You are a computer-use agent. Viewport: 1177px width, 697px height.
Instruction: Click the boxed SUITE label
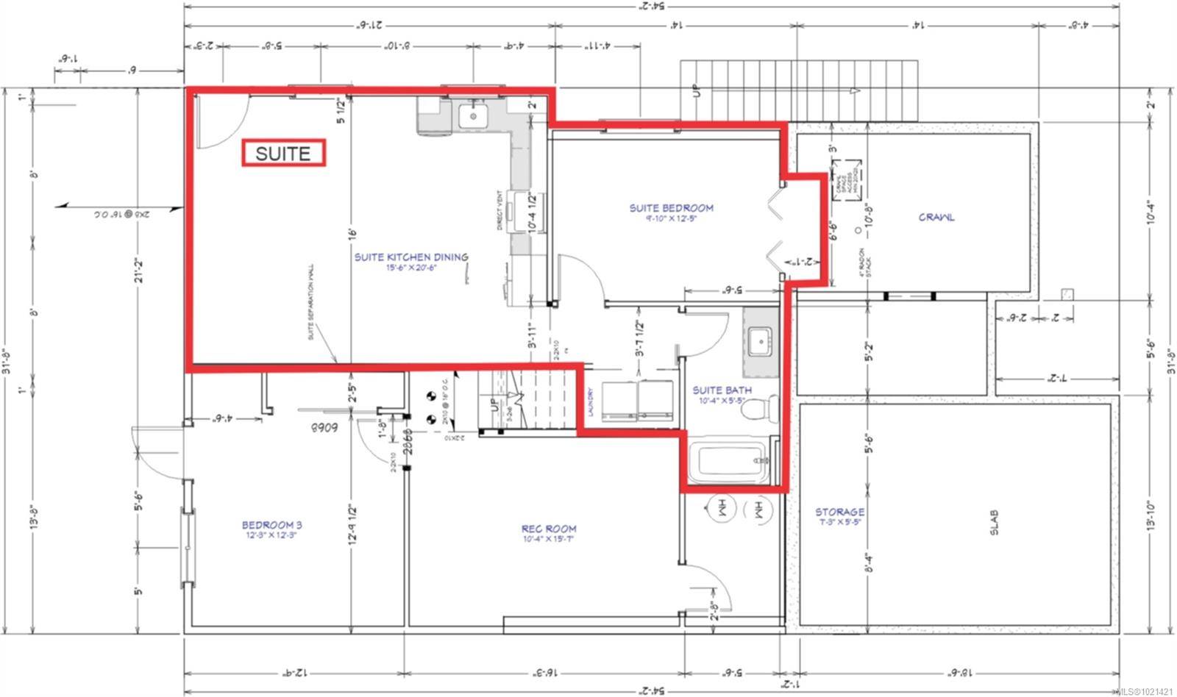[x=283, y=154]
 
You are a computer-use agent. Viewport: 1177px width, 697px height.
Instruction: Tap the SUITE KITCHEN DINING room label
[x=411, y=257]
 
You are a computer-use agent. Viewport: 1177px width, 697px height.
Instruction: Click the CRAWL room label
[x=936, y=217]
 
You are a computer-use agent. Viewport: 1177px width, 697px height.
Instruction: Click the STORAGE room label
[x=839, y=512]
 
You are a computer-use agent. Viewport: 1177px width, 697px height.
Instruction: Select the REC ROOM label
[x=549, y=529]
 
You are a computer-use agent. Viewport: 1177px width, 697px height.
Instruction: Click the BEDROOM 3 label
[x=272, y=525]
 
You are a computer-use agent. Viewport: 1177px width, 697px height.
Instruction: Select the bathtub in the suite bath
[x=732, y=460]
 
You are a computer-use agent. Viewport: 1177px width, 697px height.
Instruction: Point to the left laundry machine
[x=619, y=404]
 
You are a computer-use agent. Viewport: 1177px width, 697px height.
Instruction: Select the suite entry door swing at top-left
[x=220, y=122]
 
